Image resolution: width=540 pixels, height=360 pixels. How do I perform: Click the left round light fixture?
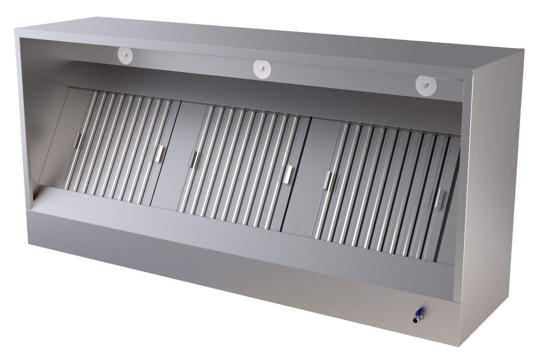click(126, 55)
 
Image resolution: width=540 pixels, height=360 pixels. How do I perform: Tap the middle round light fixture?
click(262, 68)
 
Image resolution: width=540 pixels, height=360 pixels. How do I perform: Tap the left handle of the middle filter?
click(194, 159)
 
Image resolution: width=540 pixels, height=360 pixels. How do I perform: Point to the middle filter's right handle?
click(290, 173)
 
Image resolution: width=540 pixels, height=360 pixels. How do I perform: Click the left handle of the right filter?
click(329, 179)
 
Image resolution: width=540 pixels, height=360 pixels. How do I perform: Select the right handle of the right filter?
click(440, 197)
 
